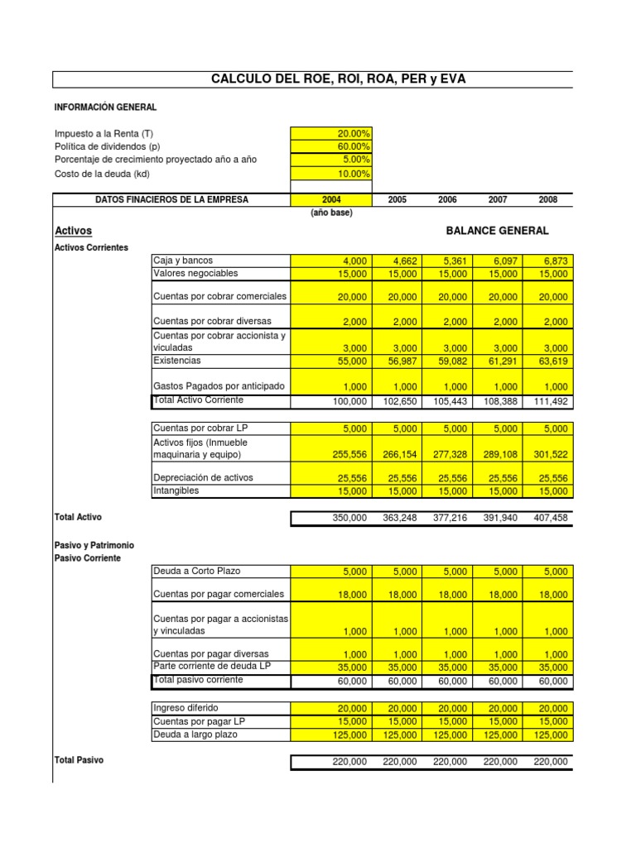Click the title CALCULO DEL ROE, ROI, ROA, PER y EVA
[x=344, y=79]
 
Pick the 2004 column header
[x=331, y=200]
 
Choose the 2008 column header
[x=547, y=200]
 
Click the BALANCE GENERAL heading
[x=497, y=231]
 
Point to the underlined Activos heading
[x=73, y=231]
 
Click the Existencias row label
[x=177, y=361]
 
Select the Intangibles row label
[x=176, y=490]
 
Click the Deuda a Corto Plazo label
[x=195, y=571]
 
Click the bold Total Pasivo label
[x=79, y=760]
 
